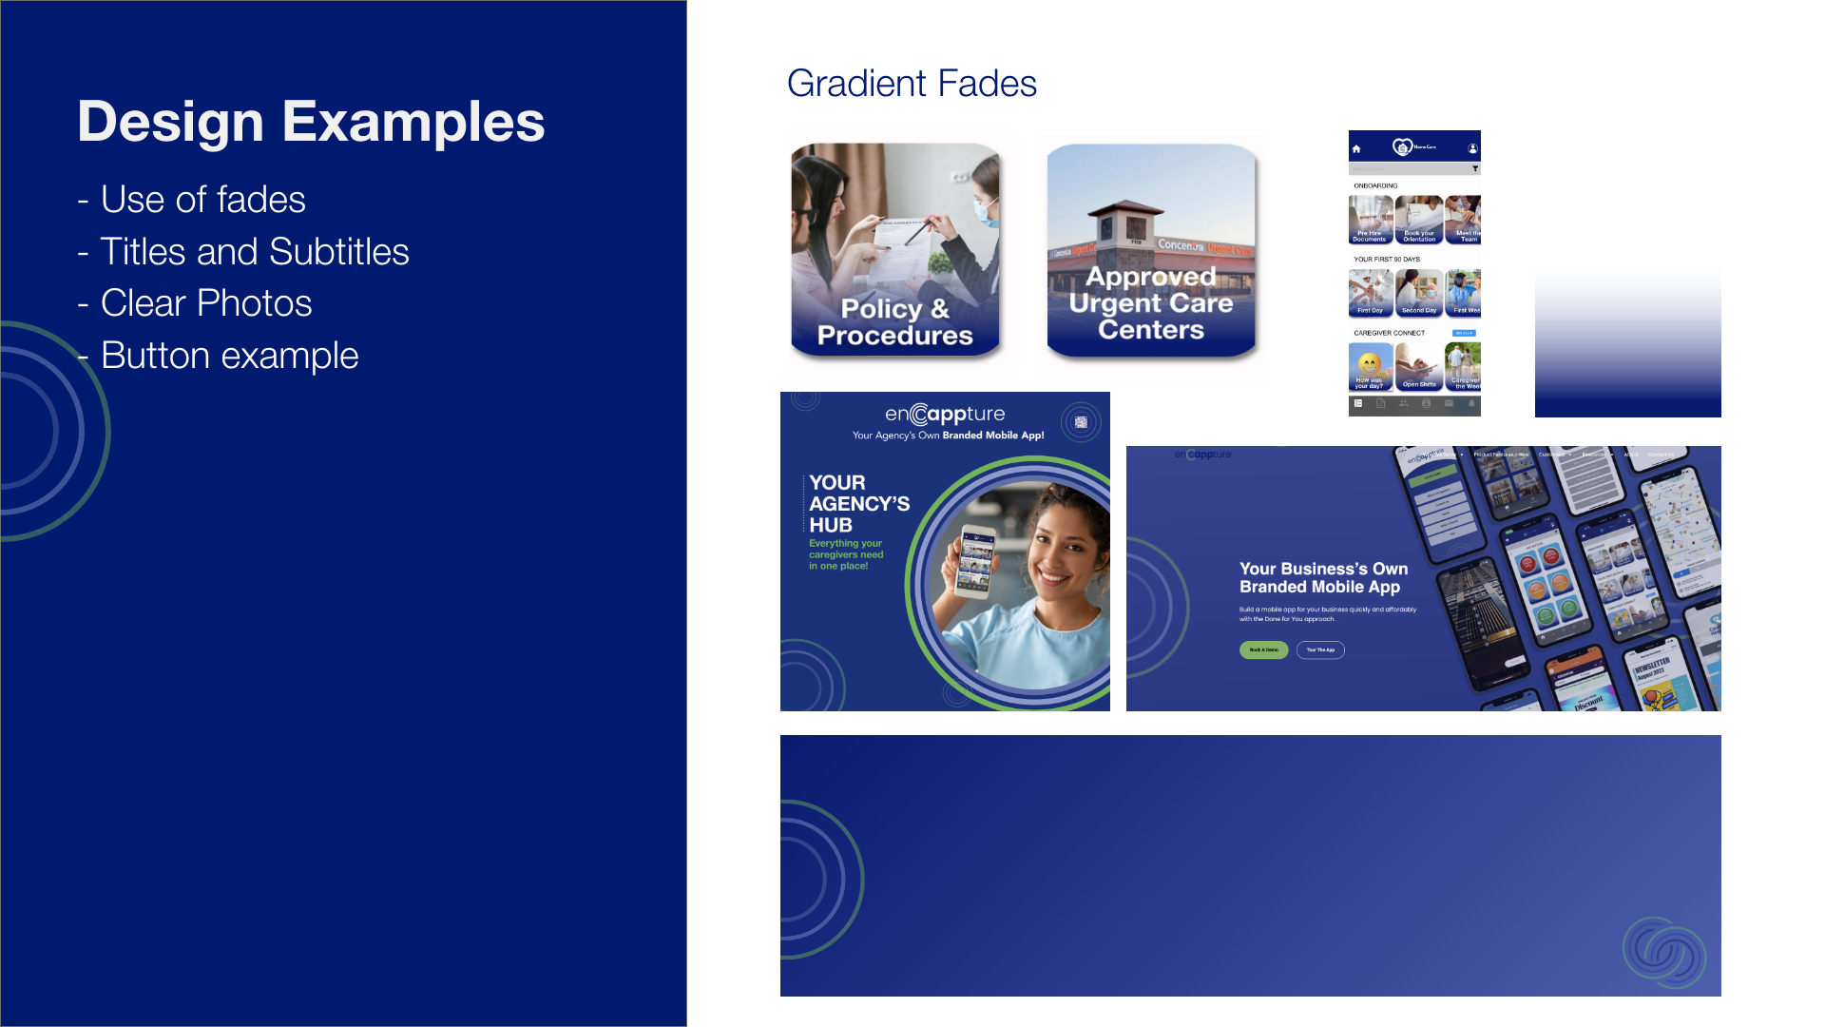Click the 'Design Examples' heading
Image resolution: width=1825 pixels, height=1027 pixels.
(x=311, y=122)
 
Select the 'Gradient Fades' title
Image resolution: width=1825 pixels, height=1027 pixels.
(x=911, y=84)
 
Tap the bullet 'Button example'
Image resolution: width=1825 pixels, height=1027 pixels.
(x=229, y=356)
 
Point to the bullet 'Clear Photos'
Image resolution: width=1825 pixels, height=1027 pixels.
(x=205, y=303)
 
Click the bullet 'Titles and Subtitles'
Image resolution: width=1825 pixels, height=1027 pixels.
(x=254, y=252)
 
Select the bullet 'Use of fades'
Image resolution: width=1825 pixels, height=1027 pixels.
(x=202, y=200)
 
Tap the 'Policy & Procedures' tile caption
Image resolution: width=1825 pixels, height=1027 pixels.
(x=894, y=322)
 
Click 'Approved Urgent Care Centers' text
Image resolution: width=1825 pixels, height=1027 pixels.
(x=1150, y=303)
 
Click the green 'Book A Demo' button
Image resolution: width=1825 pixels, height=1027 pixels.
(x=1263, y=650)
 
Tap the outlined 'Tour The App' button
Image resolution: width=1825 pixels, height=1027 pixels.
(x=1320, y=650)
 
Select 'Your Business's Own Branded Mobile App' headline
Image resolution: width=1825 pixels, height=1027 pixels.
(x=1323, y=577)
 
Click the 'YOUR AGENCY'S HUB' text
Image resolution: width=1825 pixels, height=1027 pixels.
(x=858, y=504)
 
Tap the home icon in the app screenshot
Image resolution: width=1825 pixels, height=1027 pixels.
(x=1356, y=148)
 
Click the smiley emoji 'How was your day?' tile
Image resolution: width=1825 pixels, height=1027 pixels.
(x=1370, y=367)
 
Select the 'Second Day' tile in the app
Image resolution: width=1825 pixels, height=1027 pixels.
(x=1418, y=293)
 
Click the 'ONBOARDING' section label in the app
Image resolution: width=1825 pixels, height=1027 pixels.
(x=1375, y=186)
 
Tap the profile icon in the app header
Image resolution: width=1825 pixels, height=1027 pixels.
(x=1472, y=148)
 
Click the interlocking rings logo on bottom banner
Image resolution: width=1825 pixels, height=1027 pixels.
(x=1662, y=952)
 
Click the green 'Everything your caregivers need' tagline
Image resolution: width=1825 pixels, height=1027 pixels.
(x=845, y=554)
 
